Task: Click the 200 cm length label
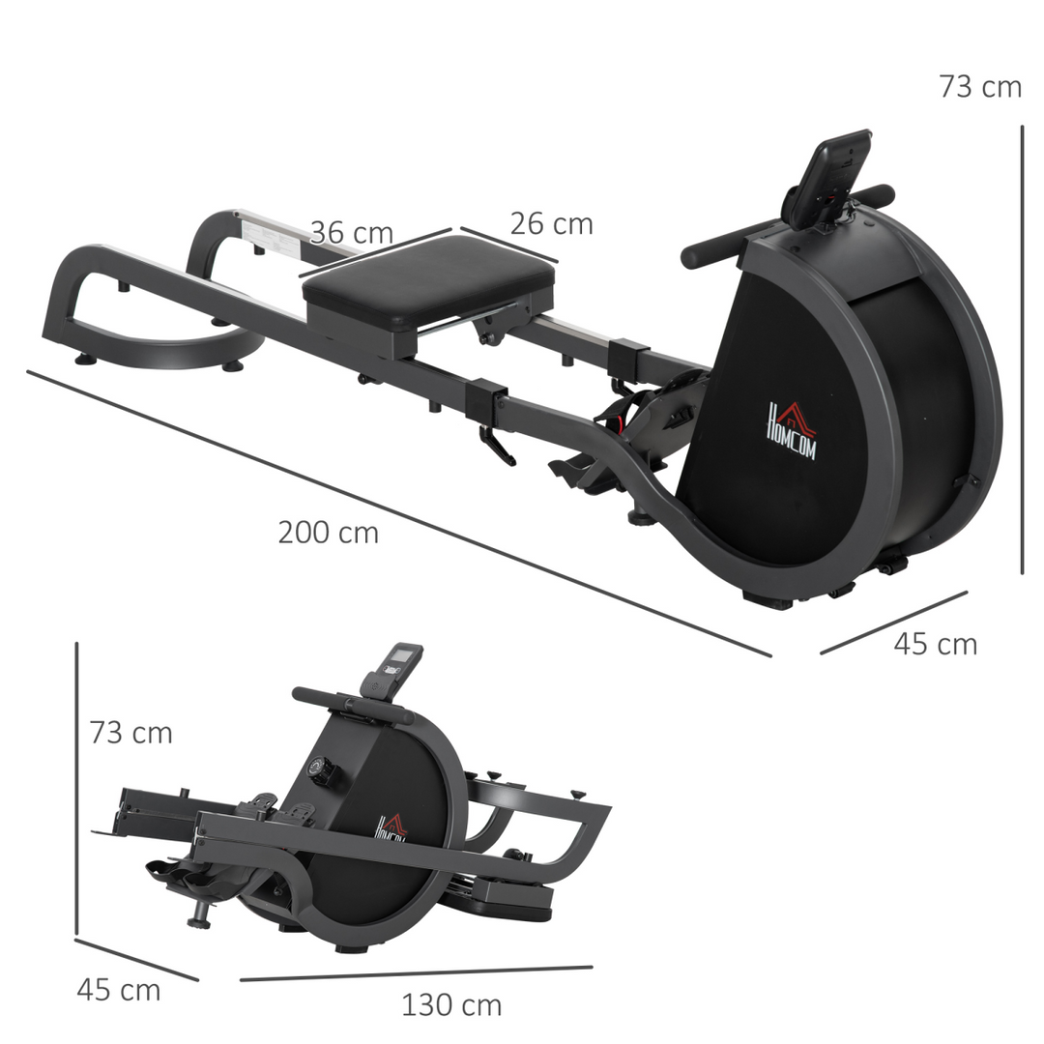coord(328,533)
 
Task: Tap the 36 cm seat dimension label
coord(351,233)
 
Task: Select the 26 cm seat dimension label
coord(551,223)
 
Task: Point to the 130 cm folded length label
coord(451,1005)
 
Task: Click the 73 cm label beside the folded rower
coord(130,733)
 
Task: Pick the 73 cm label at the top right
coord(979,87)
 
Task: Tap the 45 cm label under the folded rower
coord(118,990)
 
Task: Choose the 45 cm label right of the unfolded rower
coord(935,645)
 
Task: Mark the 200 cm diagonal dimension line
coord(396,512)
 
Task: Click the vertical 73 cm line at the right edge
coord(1022,348)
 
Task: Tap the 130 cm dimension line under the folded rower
coord(416,973)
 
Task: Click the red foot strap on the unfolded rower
coord(613,418)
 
